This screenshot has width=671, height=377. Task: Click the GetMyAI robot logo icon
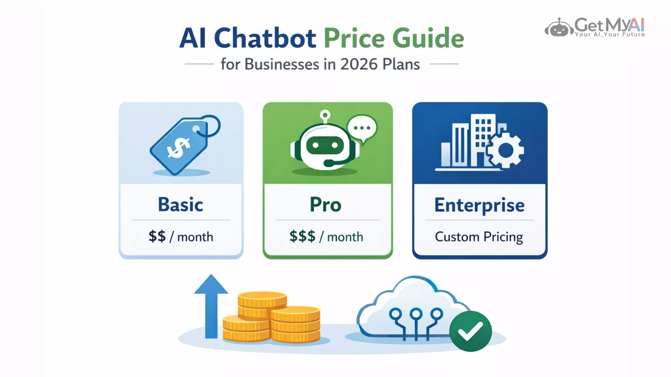[559, 27]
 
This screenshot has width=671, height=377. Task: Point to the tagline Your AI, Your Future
[610, 34]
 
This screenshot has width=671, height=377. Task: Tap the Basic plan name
[181, 204]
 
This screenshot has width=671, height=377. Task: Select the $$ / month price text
[181, 237]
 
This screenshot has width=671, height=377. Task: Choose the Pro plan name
[325, 205]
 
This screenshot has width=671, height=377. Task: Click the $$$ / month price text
[326, 237]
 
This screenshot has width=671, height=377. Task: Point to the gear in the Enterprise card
[505, 150]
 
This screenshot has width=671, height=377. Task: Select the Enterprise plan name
[479, 205]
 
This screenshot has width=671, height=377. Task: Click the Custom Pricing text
[479, 237]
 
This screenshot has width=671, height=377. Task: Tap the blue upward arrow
[211, 306]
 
